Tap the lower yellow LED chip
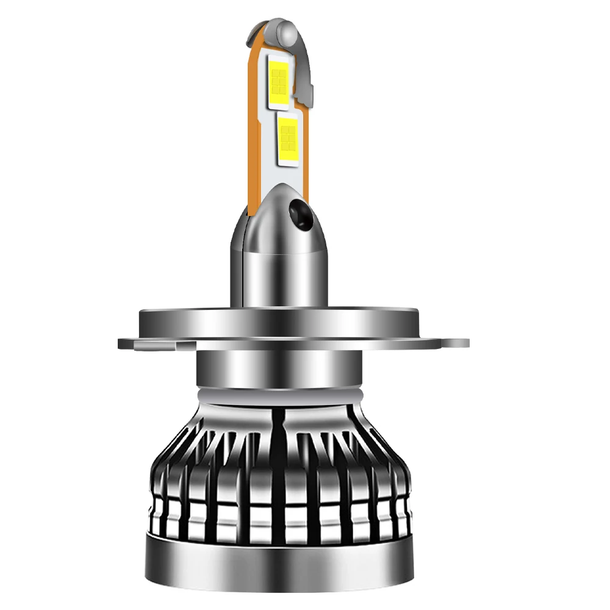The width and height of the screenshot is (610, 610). point(287,139)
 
